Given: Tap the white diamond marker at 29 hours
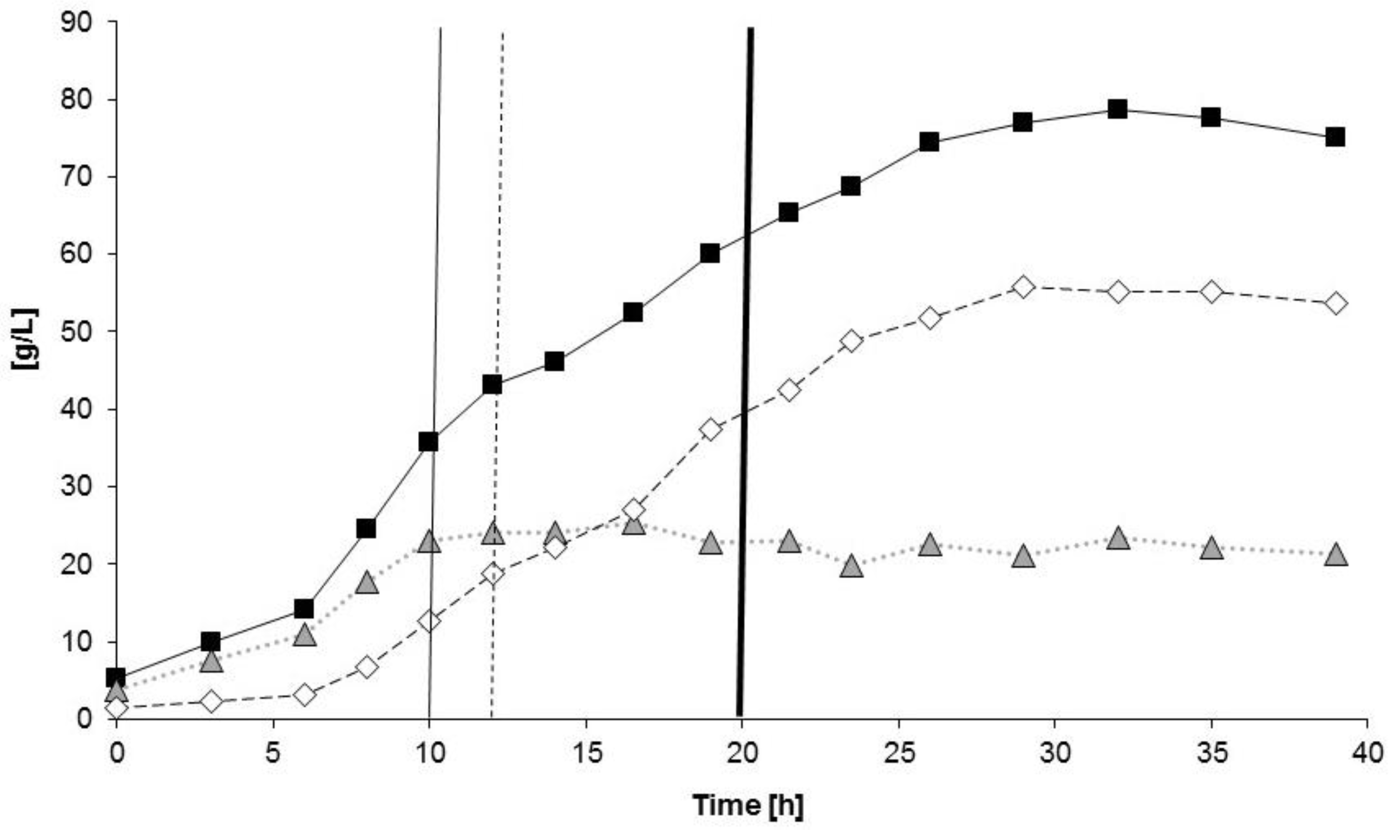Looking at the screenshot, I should pos(1023,288).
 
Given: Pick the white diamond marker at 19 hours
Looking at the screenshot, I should pos(711,430).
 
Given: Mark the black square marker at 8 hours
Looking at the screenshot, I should pos(366,528).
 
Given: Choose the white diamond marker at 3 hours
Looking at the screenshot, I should pos(211,702).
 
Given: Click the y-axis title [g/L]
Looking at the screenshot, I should pos(25,338).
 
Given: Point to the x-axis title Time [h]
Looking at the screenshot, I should pos(748,805).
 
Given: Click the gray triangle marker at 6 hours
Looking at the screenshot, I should pos(305,636).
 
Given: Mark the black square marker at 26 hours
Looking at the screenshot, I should pos(930,142).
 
